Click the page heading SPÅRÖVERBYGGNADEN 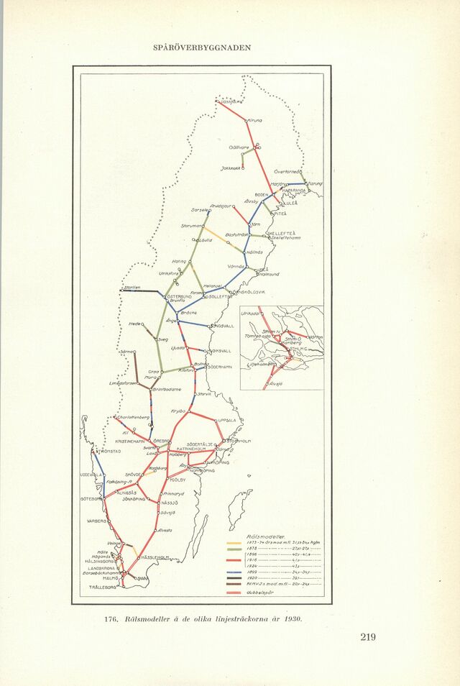202,47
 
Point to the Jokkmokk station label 231,169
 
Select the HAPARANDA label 294,190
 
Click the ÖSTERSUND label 180,296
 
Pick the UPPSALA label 227,421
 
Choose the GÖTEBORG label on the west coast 91,498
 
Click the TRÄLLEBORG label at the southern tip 102,587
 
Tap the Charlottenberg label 133,417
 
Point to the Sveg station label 163,339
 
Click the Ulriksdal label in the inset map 249,314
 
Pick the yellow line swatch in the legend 234,543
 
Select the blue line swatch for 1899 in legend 234,572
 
